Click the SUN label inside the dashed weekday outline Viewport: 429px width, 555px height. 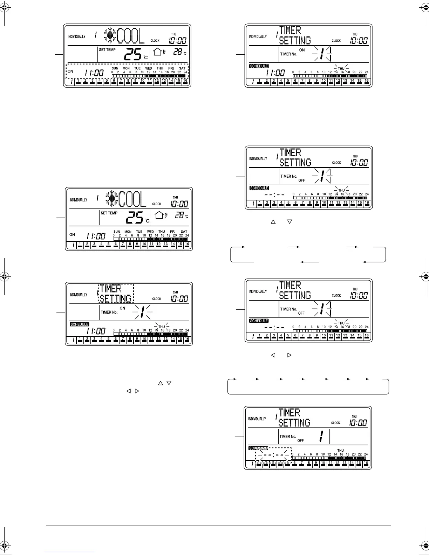pyautogui.click(x=115, y=68)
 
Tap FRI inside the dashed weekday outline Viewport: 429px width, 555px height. pyautogui.click(x=171, y=68)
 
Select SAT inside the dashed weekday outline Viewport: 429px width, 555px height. pyautogui.click(x=182, y=68)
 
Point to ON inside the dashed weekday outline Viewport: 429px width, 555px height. pyautogui.click(x=70, y=71)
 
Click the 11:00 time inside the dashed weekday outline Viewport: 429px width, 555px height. pyautogui.click(x=94, y=73)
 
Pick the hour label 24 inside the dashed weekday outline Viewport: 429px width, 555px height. pyautogui.click(x=185, y=72)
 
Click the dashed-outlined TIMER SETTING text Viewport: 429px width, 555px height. pyautogui.click(x=116, y=294)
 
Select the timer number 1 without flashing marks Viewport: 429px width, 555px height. pyautogui.click(x=321, y=436)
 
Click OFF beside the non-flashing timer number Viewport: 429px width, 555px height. pyautogui.click(x=301, y=440)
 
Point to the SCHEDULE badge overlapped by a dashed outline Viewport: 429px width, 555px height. pyautogui.click(x=258, y=448)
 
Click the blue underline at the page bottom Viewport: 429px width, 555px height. pyautogui.click(x=70, y=551)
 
